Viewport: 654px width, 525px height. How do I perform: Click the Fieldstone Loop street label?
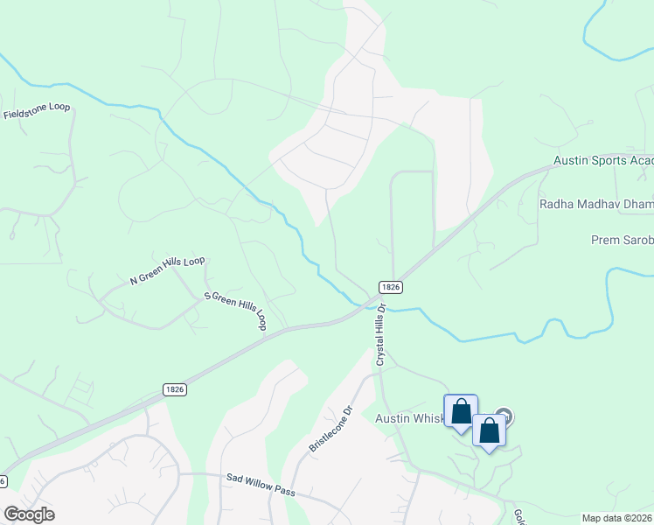(37, 111)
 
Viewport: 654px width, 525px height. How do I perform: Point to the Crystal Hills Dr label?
(380, 335)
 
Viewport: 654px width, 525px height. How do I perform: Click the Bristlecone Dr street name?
(330, 428)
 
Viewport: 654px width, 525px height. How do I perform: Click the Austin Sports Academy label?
(603, 162)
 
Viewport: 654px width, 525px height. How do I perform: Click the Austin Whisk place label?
(410, 418)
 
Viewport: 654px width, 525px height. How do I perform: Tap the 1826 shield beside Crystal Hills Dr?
(391, 287)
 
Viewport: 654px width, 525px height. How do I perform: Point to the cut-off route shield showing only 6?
(3, 481)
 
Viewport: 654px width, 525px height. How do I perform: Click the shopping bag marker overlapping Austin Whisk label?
(461, 412)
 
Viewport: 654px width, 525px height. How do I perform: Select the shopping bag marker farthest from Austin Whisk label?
(489, 430)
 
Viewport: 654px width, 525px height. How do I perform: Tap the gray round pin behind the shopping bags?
(504, 416)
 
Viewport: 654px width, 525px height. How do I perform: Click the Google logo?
(29, 514)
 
